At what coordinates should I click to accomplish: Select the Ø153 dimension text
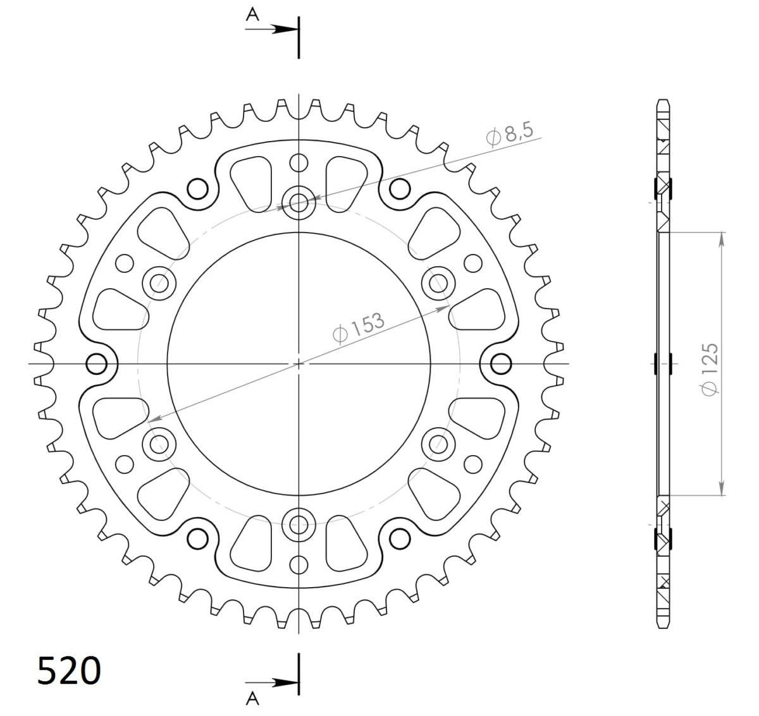358,327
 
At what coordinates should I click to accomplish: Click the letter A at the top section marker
252,16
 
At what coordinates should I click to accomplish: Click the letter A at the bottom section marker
252,698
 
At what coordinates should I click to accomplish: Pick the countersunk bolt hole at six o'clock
299,524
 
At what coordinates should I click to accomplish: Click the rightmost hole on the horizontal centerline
500,364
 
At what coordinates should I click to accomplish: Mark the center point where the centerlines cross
299,364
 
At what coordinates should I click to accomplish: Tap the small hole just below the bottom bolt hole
299,564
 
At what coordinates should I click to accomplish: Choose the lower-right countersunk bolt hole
438,444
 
